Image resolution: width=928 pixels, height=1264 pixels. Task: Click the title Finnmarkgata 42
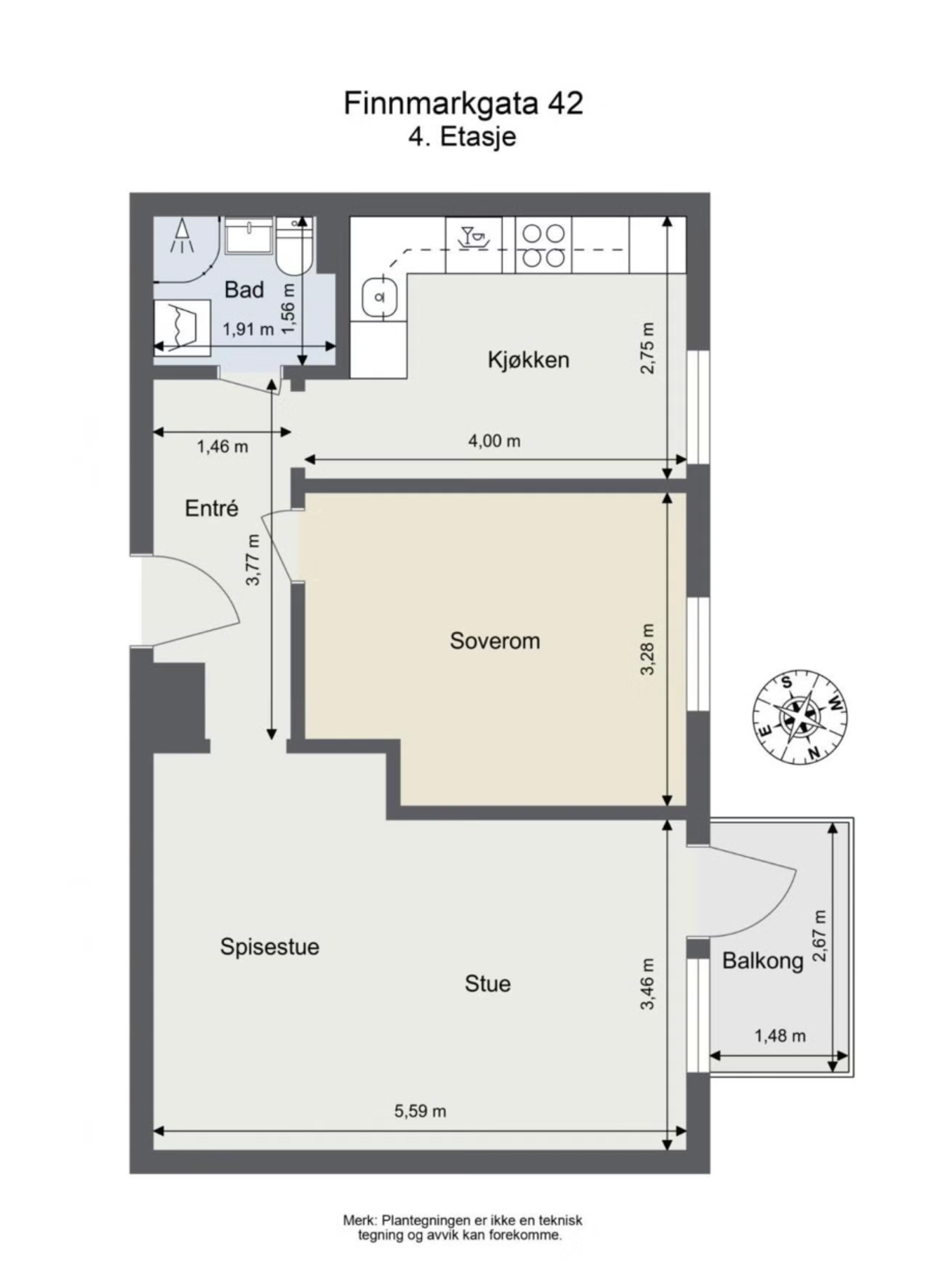[x=463, y=103]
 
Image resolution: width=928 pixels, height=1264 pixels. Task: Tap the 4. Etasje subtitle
[x=462, y=136]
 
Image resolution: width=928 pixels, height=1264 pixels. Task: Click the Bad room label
[x=244, y=289]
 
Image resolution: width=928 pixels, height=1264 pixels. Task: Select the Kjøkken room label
[x=529, y=360]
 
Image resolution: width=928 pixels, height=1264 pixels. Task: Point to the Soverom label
[x=495, y=641]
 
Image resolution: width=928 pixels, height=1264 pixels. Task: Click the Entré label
[x=211, y=508]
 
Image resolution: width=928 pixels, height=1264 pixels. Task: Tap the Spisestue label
[x=270, y=947]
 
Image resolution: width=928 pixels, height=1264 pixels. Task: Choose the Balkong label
[x=762, y=961]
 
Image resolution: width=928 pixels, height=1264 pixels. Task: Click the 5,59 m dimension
[x=420, y=1111]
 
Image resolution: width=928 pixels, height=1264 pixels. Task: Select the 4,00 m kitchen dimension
[x=494, y=441]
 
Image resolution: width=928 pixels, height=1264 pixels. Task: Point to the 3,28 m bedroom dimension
[x=647, y=649]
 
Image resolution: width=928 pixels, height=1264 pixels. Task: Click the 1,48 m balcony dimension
[x=780, y=1035]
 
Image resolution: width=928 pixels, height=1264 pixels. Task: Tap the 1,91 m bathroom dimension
[x=248, y=329]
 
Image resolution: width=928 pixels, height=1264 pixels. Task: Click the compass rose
[x=800, y=717]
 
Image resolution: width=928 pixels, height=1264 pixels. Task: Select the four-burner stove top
[x=544, y=245]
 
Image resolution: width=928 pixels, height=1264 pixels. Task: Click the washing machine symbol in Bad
[x=182, y=327]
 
